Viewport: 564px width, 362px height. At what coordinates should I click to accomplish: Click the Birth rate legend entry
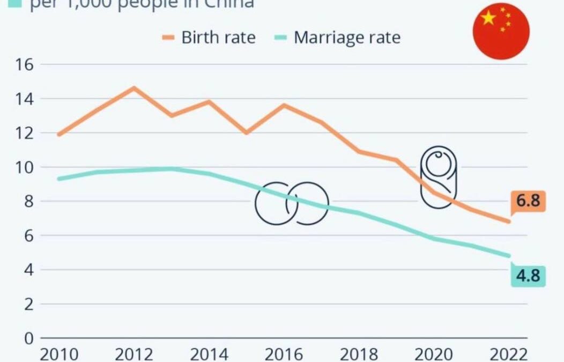(x=209, y=38)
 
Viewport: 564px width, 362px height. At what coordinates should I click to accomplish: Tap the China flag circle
(x=501, y=31)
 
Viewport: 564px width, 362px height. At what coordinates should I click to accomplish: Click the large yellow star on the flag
(x=488, y=18)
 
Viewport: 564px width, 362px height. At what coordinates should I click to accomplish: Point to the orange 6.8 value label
(x=528, y=202)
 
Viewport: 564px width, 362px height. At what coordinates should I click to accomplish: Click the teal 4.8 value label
(x=528, y=277)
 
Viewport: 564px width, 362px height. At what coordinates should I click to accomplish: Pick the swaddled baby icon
(x=439, y=177)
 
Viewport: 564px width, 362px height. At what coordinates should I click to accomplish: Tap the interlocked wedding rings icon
(x=291, y=203)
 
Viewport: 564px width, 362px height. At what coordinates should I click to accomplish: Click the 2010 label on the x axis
(x=58, y=354)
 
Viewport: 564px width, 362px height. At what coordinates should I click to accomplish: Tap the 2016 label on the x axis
(x=284, y=354)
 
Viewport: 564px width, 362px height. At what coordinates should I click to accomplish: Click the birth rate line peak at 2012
(x=133, y=87)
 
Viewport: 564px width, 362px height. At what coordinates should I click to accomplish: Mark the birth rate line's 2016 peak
(x=284, y=105)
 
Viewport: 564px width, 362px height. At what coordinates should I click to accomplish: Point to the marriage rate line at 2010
(x=58, y=179)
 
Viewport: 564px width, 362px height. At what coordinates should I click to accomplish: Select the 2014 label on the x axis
(x=209, y=354)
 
